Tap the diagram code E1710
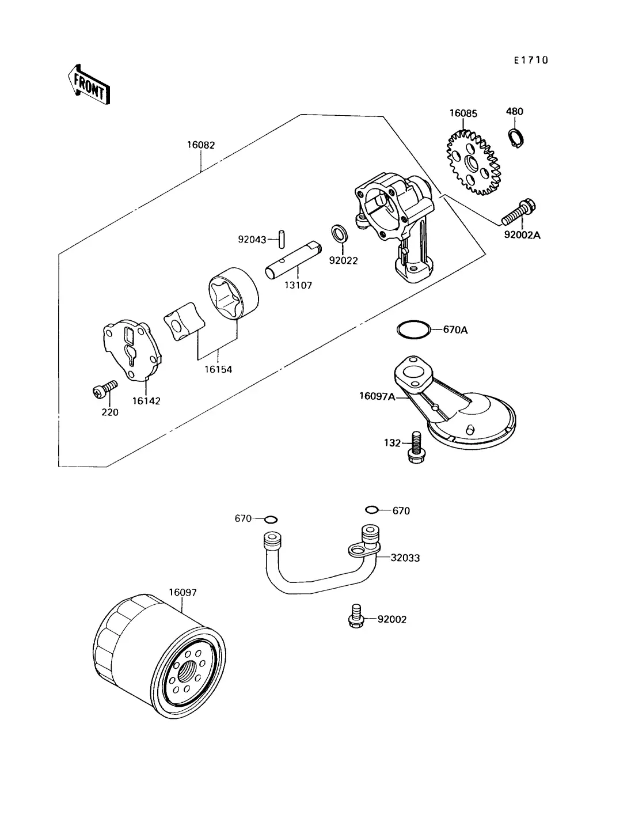click(x=531, y=60)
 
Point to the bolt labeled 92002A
click(x=518, y=213)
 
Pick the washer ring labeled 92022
click(x=340, y=235)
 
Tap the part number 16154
click(x=218, y=369)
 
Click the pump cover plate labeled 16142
click(x=131, y=351)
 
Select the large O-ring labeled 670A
click(x=413, y=329)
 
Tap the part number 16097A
click(x=377, y=396)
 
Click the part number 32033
click(x=405, y=558)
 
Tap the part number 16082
click(x=200, y=145)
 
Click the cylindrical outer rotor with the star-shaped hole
click(x=233, y=295)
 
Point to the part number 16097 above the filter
click(x=183, y=592)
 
